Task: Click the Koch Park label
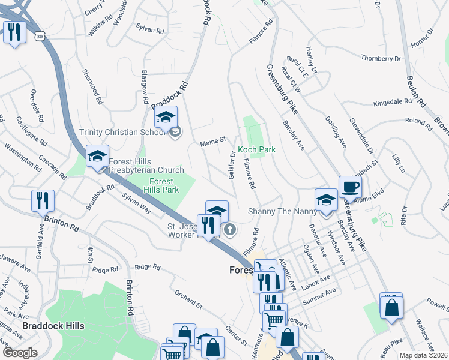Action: coord(256,149)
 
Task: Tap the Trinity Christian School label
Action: coord(122,133)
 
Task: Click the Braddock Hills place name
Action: coord(53,326)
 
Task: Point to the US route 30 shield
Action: coord(39,37)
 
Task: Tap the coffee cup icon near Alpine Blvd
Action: coord(350,187)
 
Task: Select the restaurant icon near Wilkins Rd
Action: coord(14,32)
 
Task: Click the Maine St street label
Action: coord(212,140)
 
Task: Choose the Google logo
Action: coord(20,352)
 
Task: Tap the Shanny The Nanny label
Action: coord(277,212)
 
